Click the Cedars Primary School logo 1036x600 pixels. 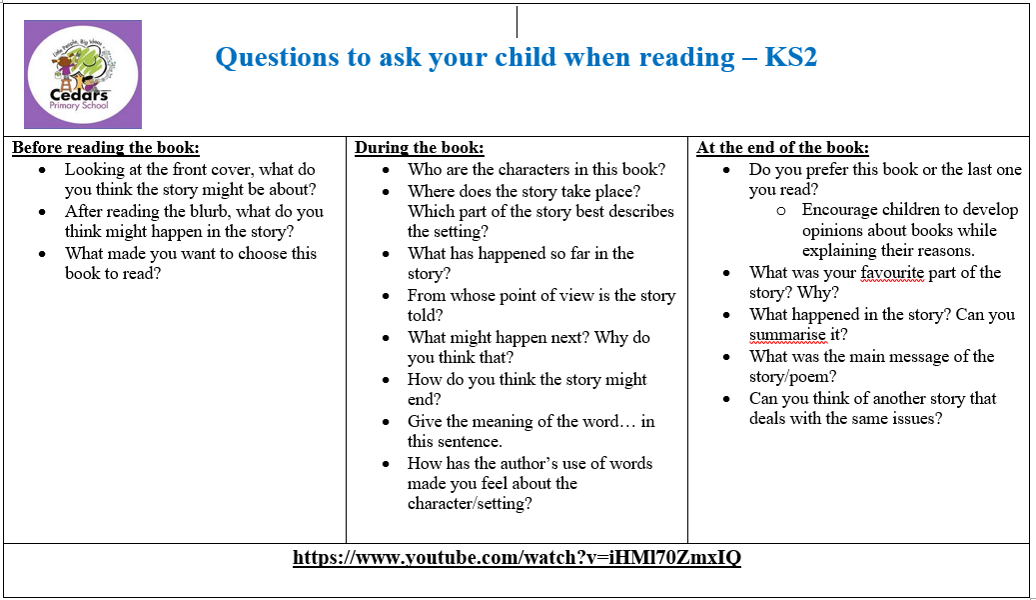point(83,74)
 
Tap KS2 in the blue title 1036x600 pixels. point(791,58)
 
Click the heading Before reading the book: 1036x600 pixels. point(106,148)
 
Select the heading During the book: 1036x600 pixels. point(419,148)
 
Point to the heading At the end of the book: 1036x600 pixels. point(782,148)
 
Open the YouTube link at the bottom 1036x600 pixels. point(517,558)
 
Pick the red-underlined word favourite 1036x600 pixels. point(892,273)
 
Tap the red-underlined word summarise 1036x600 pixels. point(787,335)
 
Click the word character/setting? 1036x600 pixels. point(470,503)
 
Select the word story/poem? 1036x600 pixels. point(792,377)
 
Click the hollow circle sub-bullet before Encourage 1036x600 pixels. point(781,211)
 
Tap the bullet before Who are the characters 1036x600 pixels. point(386,171)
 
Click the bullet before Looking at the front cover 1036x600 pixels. point(42,171)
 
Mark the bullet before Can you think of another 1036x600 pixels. point(726,400)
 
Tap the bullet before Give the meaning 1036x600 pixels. point(386,423)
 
